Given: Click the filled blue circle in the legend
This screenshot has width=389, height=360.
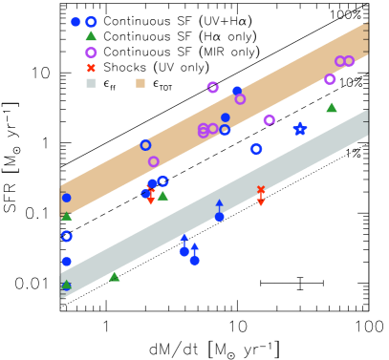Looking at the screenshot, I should (76, 22).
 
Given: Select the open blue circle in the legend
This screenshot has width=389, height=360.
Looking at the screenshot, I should (91, 22).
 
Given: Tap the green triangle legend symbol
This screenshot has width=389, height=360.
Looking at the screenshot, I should (91, 36).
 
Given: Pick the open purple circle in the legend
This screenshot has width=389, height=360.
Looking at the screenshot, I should (91, 53).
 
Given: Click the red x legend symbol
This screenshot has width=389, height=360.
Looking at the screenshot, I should (91, 68).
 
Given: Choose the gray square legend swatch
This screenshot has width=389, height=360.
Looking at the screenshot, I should (91, 83).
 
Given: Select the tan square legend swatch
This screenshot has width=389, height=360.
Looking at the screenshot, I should (140, 83).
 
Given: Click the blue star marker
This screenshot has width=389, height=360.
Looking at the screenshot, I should (300, 128).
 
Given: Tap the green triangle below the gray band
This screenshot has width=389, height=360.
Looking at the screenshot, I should (115, 277).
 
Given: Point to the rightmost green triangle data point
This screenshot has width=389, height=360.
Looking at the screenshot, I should (332, 108).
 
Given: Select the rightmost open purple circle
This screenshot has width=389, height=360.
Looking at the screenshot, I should (349, 61).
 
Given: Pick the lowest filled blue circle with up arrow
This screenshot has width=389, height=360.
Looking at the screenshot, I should (194, 260).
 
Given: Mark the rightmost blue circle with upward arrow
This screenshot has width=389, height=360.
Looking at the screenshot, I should (219, 217).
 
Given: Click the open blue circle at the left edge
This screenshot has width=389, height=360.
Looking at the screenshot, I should (66, 236).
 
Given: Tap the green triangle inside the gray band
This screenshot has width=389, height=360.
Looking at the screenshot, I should (66, 285).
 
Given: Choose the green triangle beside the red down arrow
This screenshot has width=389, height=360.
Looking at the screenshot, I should (162, 196).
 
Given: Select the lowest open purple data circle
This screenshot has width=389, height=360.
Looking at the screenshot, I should (154, 161).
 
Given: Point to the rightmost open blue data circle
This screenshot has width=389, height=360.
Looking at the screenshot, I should (256, 149).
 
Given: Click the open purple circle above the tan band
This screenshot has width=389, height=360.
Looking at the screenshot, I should (212, 87).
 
